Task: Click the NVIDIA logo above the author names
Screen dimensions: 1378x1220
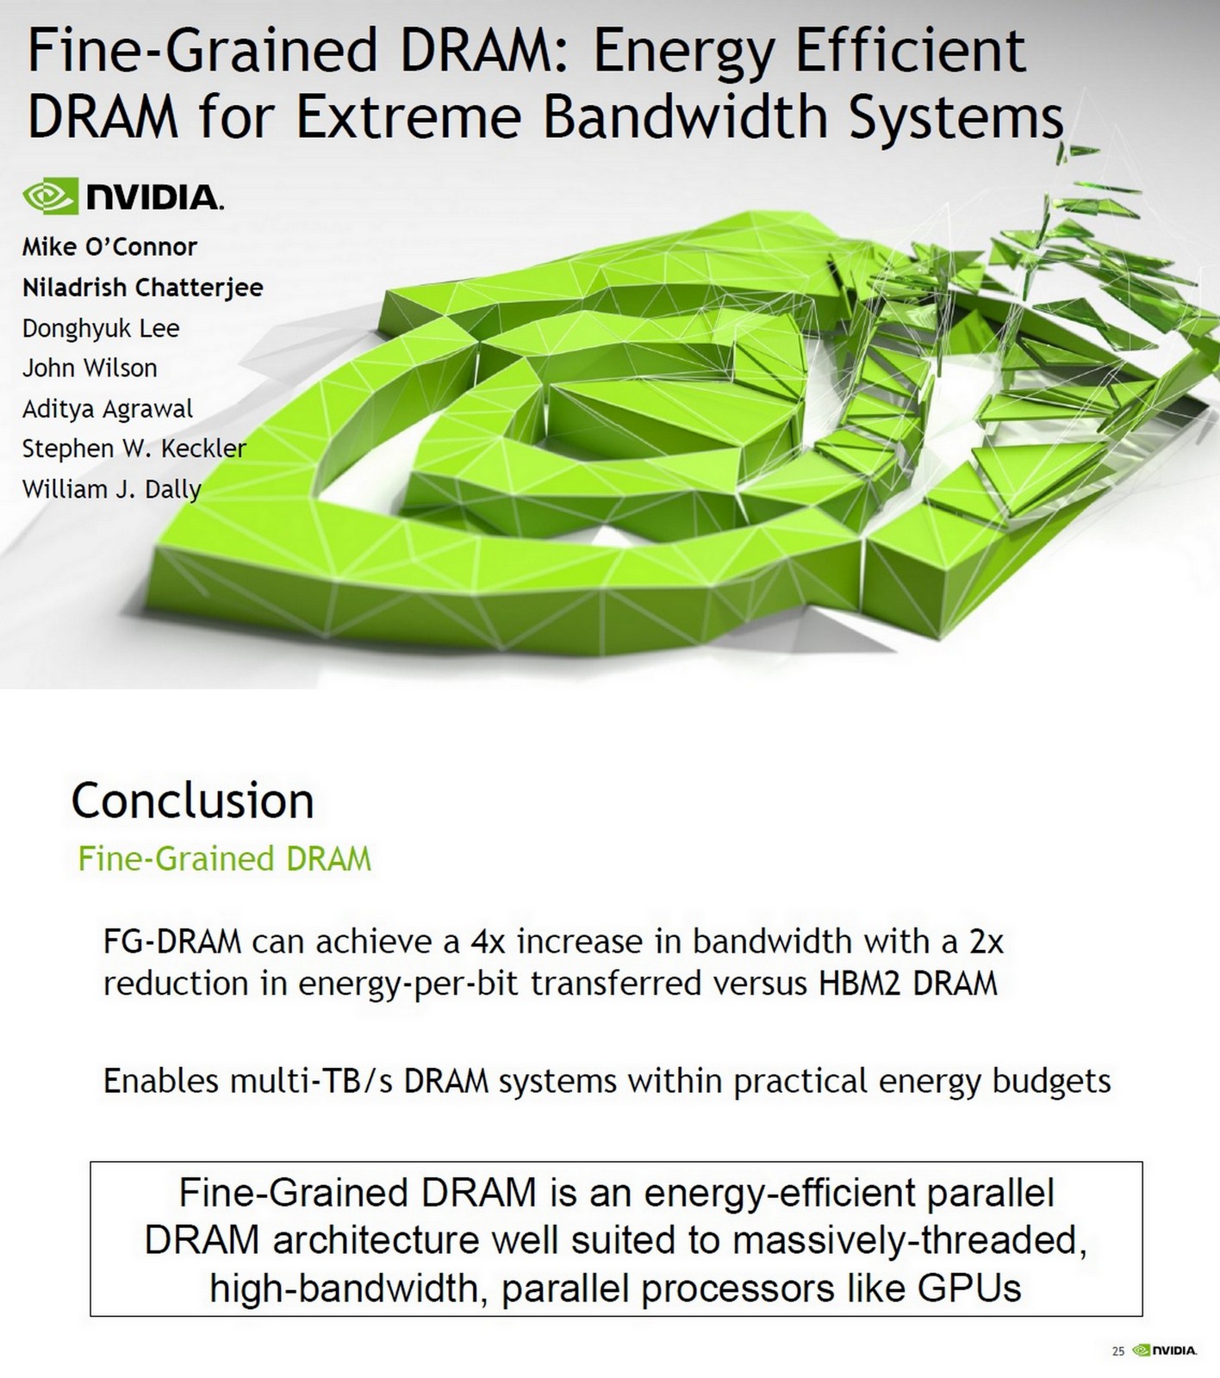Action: coord(123,196)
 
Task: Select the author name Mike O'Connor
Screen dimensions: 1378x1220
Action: coord(109,247)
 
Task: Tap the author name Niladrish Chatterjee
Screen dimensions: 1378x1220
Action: coord(142,288)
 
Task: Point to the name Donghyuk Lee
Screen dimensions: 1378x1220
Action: coord(101,328)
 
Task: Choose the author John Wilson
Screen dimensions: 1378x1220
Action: coord(90,369)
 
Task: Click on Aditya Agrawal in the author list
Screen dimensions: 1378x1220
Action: coord(108,409)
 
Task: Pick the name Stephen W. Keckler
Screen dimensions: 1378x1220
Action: coord(134,449)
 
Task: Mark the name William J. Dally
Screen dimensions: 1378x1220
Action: coord(111,489)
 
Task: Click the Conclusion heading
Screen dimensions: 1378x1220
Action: coord(192,800)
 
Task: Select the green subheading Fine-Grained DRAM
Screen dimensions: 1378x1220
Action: coord(224,859)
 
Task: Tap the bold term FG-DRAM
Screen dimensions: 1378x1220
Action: coord(172,941)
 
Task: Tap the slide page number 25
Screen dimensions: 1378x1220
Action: coord(1118,1351)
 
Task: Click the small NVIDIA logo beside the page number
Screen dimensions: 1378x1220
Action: coord(1165,1350)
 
